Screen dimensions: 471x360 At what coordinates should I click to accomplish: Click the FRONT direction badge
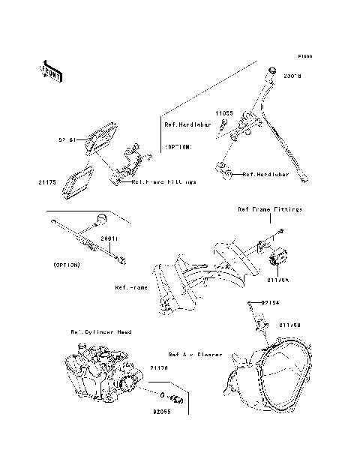(50, 70)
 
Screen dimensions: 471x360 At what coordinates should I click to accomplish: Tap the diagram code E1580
(304, 56)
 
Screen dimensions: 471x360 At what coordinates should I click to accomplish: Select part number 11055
(225, 113)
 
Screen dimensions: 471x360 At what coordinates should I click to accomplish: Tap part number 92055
(162, 412)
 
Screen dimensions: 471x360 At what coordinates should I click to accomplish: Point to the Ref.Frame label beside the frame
(130, 287)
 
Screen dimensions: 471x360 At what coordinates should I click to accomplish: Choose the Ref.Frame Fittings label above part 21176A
(270, 210)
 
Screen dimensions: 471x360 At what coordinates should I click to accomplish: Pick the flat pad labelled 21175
(76, 181)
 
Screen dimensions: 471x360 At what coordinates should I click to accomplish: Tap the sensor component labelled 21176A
(277, 256)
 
